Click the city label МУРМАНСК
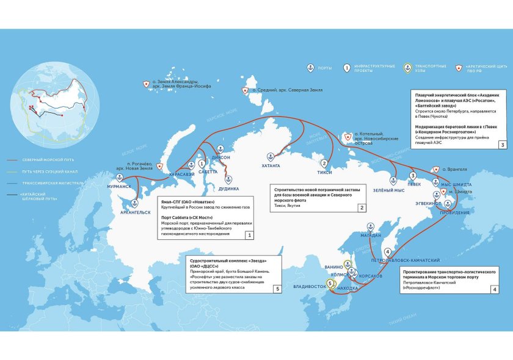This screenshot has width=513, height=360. tap(119, 185)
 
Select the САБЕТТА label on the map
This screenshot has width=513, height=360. tap(208, 172)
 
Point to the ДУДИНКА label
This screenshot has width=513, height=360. tap(230, 189)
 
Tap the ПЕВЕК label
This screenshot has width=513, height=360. tap(415, 184)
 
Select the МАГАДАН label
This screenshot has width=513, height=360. tap(371, 235)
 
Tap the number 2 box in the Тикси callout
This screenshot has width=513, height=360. tap(362, 208)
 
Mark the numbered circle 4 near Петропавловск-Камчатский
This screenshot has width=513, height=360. tap(387, 251)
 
